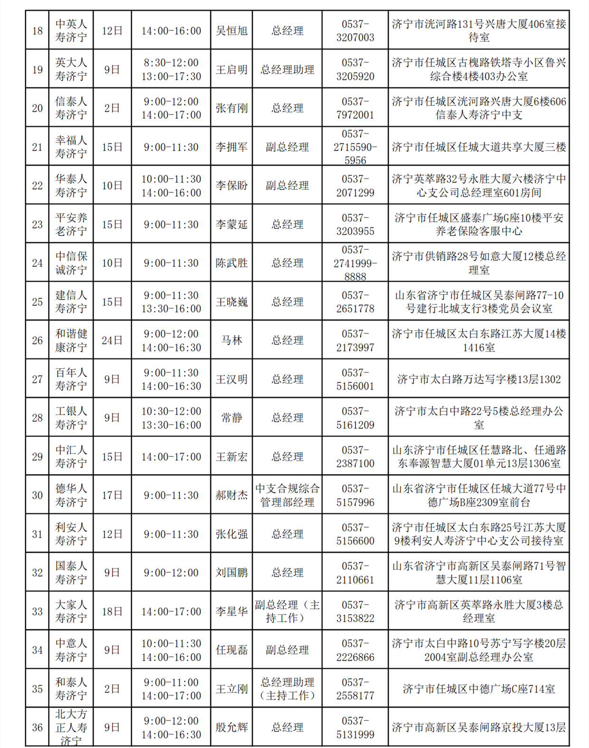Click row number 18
click(38, 31)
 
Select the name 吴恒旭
click(231, 31)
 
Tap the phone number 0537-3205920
click(355, 69)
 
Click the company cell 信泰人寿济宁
click(71, 108)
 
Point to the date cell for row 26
click(112, 341)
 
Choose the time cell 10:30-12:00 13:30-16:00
click(171, 418)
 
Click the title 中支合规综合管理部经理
click(287, 495)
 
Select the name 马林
click(231, 341)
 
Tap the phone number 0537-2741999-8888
click(355, 263)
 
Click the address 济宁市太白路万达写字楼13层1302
click(478, 379)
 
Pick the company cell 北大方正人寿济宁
click(71, 727)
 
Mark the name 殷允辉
click(231, 727)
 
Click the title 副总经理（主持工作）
click(287, 611)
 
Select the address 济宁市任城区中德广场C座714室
click(478, 689)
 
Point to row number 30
click(38, 495)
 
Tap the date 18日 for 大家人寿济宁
click(112, 611)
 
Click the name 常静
click(231, 418)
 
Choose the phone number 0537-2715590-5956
click(355, 147)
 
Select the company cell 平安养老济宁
click(71, 225)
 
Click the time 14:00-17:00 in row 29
click(171, 457)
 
